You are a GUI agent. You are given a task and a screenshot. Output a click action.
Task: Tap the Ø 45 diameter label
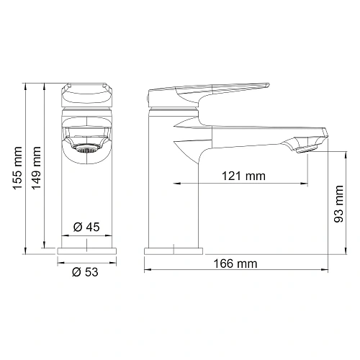[x=86, y=228]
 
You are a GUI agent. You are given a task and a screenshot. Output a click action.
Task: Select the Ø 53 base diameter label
[x=86, y=272]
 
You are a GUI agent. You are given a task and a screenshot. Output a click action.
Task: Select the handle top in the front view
[x=86, y=93]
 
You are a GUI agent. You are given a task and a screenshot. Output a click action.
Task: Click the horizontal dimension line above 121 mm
[x=216, y=183]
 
